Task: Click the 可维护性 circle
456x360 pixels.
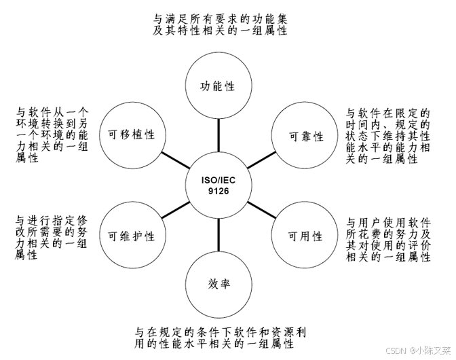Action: (132, 236)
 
